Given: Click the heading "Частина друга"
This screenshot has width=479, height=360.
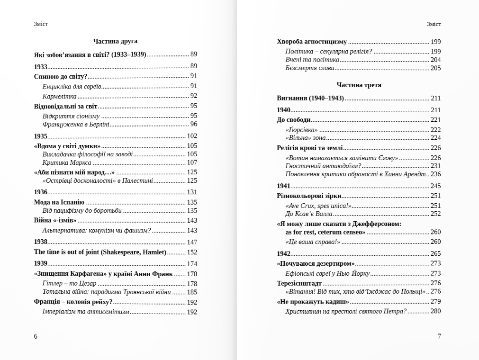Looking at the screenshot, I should pos(115,41).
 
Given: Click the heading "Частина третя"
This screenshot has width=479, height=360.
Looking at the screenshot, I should pos(359,85).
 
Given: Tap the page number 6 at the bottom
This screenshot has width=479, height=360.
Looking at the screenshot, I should pos(36,336).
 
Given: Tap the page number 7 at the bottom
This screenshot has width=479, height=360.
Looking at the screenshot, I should pos(439,336).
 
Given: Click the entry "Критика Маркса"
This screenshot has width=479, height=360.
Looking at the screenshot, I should pos(67,162).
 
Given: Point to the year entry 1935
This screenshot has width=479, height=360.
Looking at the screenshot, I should pos(41,136).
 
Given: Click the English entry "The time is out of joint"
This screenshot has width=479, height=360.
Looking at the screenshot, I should pos(100,252).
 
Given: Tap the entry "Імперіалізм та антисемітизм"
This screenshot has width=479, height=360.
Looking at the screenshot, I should pos(86,312).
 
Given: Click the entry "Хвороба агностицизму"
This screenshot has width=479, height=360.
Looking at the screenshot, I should pos(312,42).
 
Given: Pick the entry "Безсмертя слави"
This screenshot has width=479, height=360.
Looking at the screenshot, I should pos(310,68).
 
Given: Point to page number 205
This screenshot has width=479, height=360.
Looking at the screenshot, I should pos(435,68).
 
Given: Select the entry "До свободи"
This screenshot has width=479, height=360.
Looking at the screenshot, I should pos(294,120).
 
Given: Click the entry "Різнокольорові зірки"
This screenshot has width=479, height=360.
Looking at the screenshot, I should pos(309,196).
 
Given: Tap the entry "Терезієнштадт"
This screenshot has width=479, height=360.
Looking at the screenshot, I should pos(299,283).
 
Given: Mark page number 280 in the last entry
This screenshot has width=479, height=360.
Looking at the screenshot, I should pos(435,311).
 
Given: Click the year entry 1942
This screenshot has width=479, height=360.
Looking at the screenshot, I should pos(283,253).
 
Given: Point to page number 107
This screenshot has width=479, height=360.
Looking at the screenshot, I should pos(192,162).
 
